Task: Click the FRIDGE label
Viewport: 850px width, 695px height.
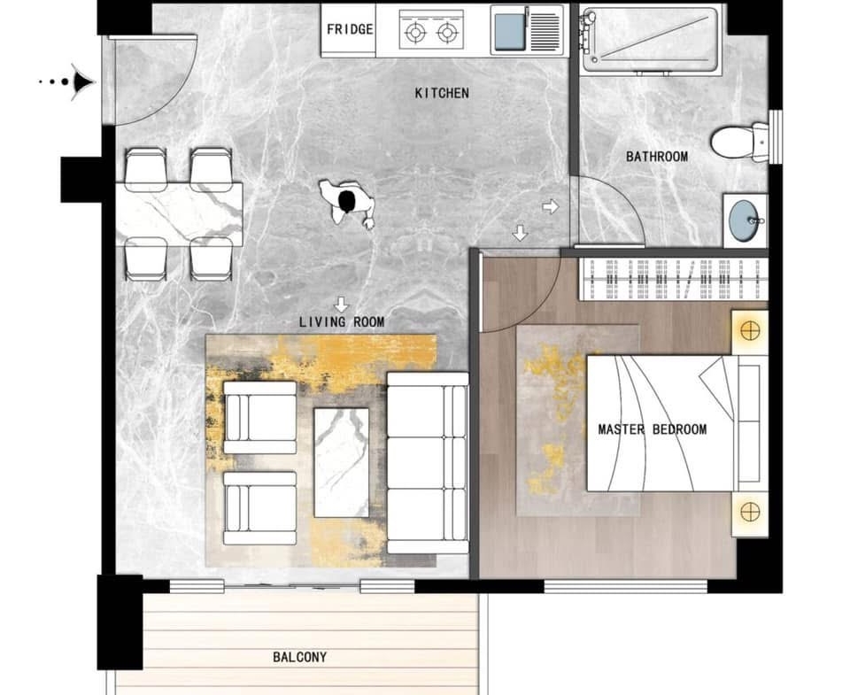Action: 350,28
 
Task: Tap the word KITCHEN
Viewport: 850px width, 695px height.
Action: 442,93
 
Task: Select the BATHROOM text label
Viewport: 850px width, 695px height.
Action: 656,157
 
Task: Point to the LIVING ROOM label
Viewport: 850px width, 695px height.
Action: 342,322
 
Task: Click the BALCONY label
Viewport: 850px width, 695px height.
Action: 300,657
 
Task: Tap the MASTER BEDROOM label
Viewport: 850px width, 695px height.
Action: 653,429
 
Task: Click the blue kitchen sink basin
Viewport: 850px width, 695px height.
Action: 510,30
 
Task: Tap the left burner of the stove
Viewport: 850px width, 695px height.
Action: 415,34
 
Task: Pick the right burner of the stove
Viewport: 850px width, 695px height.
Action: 447,34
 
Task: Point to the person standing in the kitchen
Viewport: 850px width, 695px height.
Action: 347,204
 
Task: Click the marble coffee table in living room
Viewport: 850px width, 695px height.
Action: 342,462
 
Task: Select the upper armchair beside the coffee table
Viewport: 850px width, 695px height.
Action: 260,417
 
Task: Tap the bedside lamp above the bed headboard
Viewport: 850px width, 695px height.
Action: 750,330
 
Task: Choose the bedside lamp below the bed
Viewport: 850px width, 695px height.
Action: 750,512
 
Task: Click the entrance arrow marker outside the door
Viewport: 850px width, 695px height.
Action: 81,82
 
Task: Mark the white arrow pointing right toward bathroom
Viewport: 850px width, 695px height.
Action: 550,206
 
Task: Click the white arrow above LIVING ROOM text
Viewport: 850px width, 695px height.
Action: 341,305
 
